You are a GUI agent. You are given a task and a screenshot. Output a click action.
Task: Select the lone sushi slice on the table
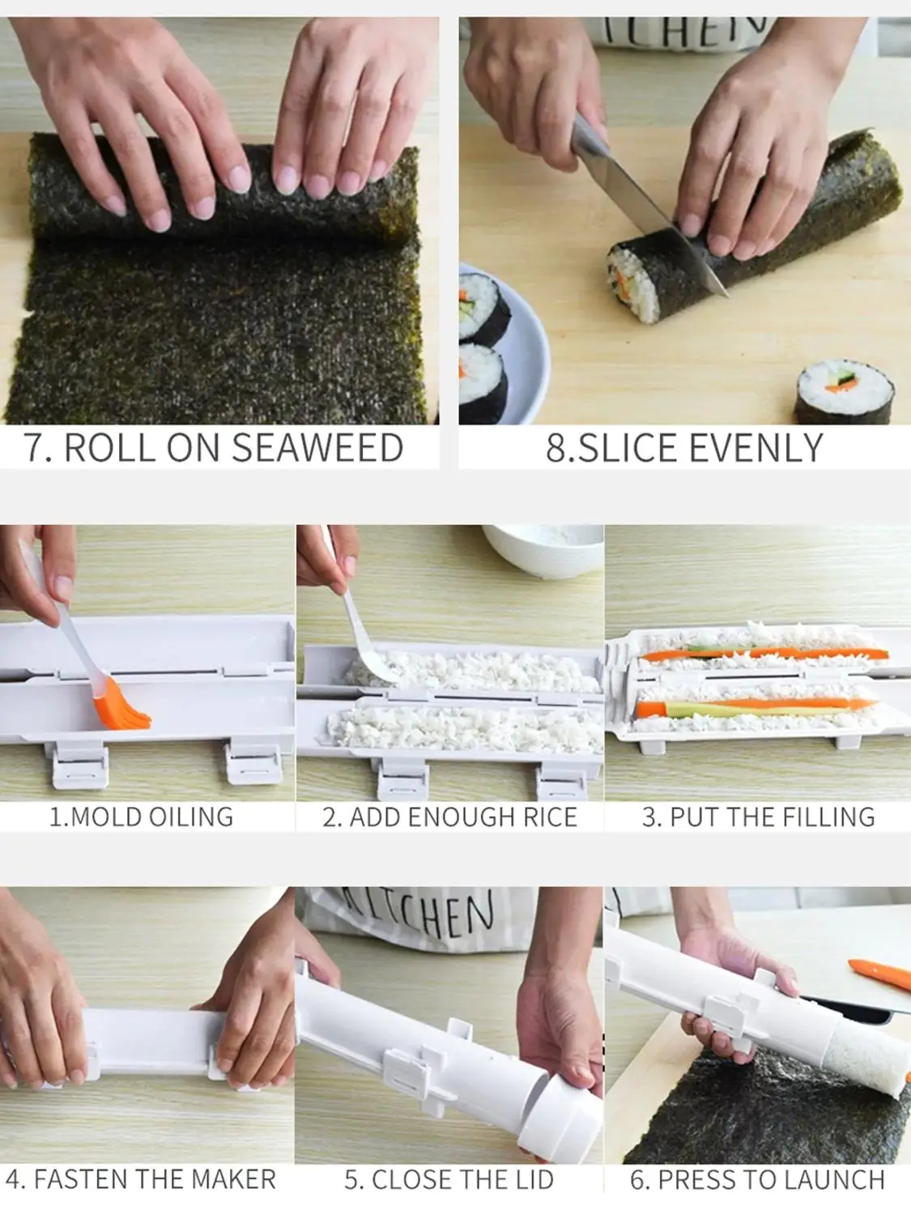tap(844, 393)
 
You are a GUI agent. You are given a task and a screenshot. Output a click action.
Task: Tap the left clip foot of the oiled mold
tap(79, 765)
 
